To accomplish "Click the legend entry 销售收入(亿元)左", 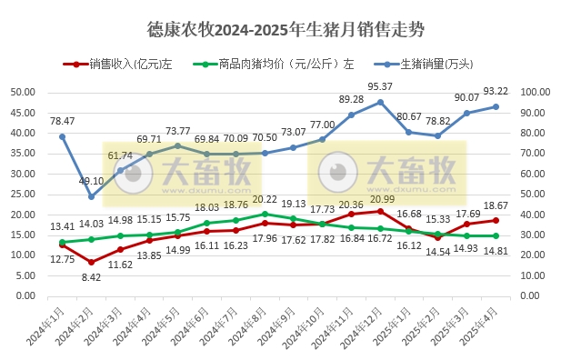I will coord(132,65).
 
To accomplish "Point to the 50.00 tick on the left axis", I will coord(23,92).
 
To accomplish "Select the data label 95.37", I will coord(380,86).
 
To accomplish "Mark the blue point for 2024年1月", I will coord(62,136).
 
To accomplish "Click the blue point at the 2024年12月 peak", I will coord(380,102).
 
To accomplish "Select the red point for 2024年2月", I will coord(91,262).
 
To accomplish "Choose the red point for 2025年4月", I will coord(496,220).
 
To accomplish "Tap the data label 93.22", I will coord(496,90).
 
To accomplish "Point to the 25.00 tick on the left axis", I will coord(23,194).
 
